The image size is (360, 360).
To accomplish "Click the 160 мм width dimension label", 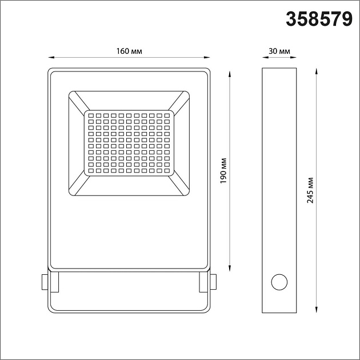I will point(129,51).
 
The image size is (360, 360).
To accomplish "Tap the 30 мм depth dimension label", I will point(279,51).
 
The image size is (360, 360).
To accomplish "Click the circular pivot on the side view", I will point(280,282).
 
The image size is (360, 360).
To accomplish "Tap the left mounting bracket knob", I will point(43,282).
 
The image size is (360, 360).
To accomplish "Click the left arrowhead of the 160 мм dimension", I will point(50,57).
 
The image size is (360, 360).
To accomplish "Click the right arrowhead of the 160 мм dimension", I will point(207,57).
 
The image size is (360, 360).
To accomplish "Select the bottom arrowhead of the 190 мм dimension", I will point(230,269).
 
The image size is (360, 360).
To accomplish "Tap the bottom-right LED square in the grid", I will point(167,170).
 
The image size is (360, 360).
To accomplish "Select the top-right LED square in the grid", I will point(167,116).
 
